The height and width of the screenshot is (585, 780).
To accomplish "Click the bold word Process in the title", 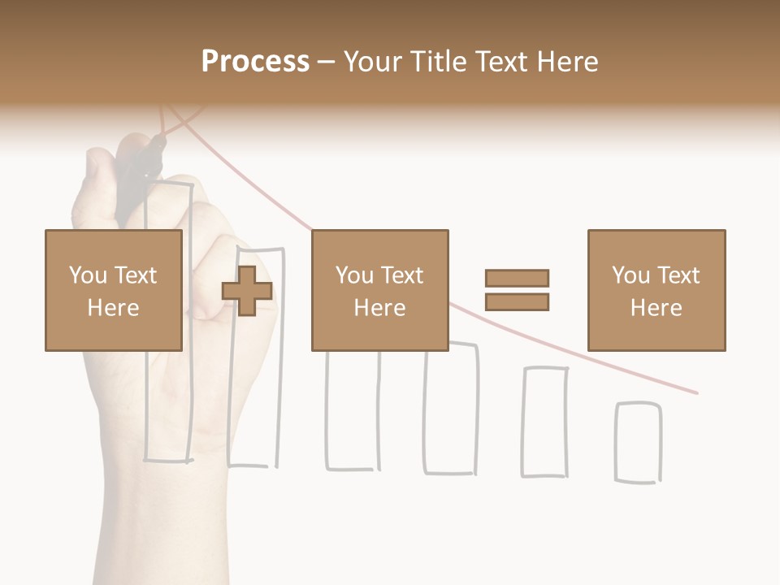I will [255, 62].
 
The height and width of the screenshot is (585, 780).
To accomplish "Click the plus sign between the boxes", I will [247, 291].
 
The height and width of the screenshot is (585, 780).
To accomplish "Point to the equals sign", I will [517, 290].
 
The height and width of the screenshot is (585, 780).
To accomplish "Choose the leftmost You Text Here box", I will [113, 290].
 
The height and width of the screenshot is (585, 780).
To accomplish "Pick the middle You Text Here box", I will [379, 290].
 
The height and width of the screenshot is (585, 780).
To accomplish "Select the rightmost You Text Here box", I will [656, 290].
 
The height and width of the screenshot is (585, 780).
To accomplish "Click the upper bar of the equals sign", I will [517, 278].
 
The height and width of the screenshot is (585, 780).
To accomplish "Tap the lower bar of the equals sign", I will [517, 302].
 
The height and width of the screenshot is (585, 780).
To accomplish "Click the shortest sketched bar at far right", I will [638, 442].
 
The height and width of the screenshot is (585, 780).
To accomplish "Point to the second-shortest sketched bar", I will [544, 422].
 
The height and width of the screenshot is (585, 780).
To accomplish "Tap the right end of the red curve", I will [695, 392].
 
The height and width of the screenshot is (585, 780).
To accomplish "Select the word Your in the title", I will [374, 62].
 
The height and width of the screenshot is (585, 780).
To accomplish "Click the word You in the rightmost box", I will [629, 275].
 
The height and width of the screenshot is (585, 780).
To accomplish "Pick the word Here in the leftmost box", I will [113, 307].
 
